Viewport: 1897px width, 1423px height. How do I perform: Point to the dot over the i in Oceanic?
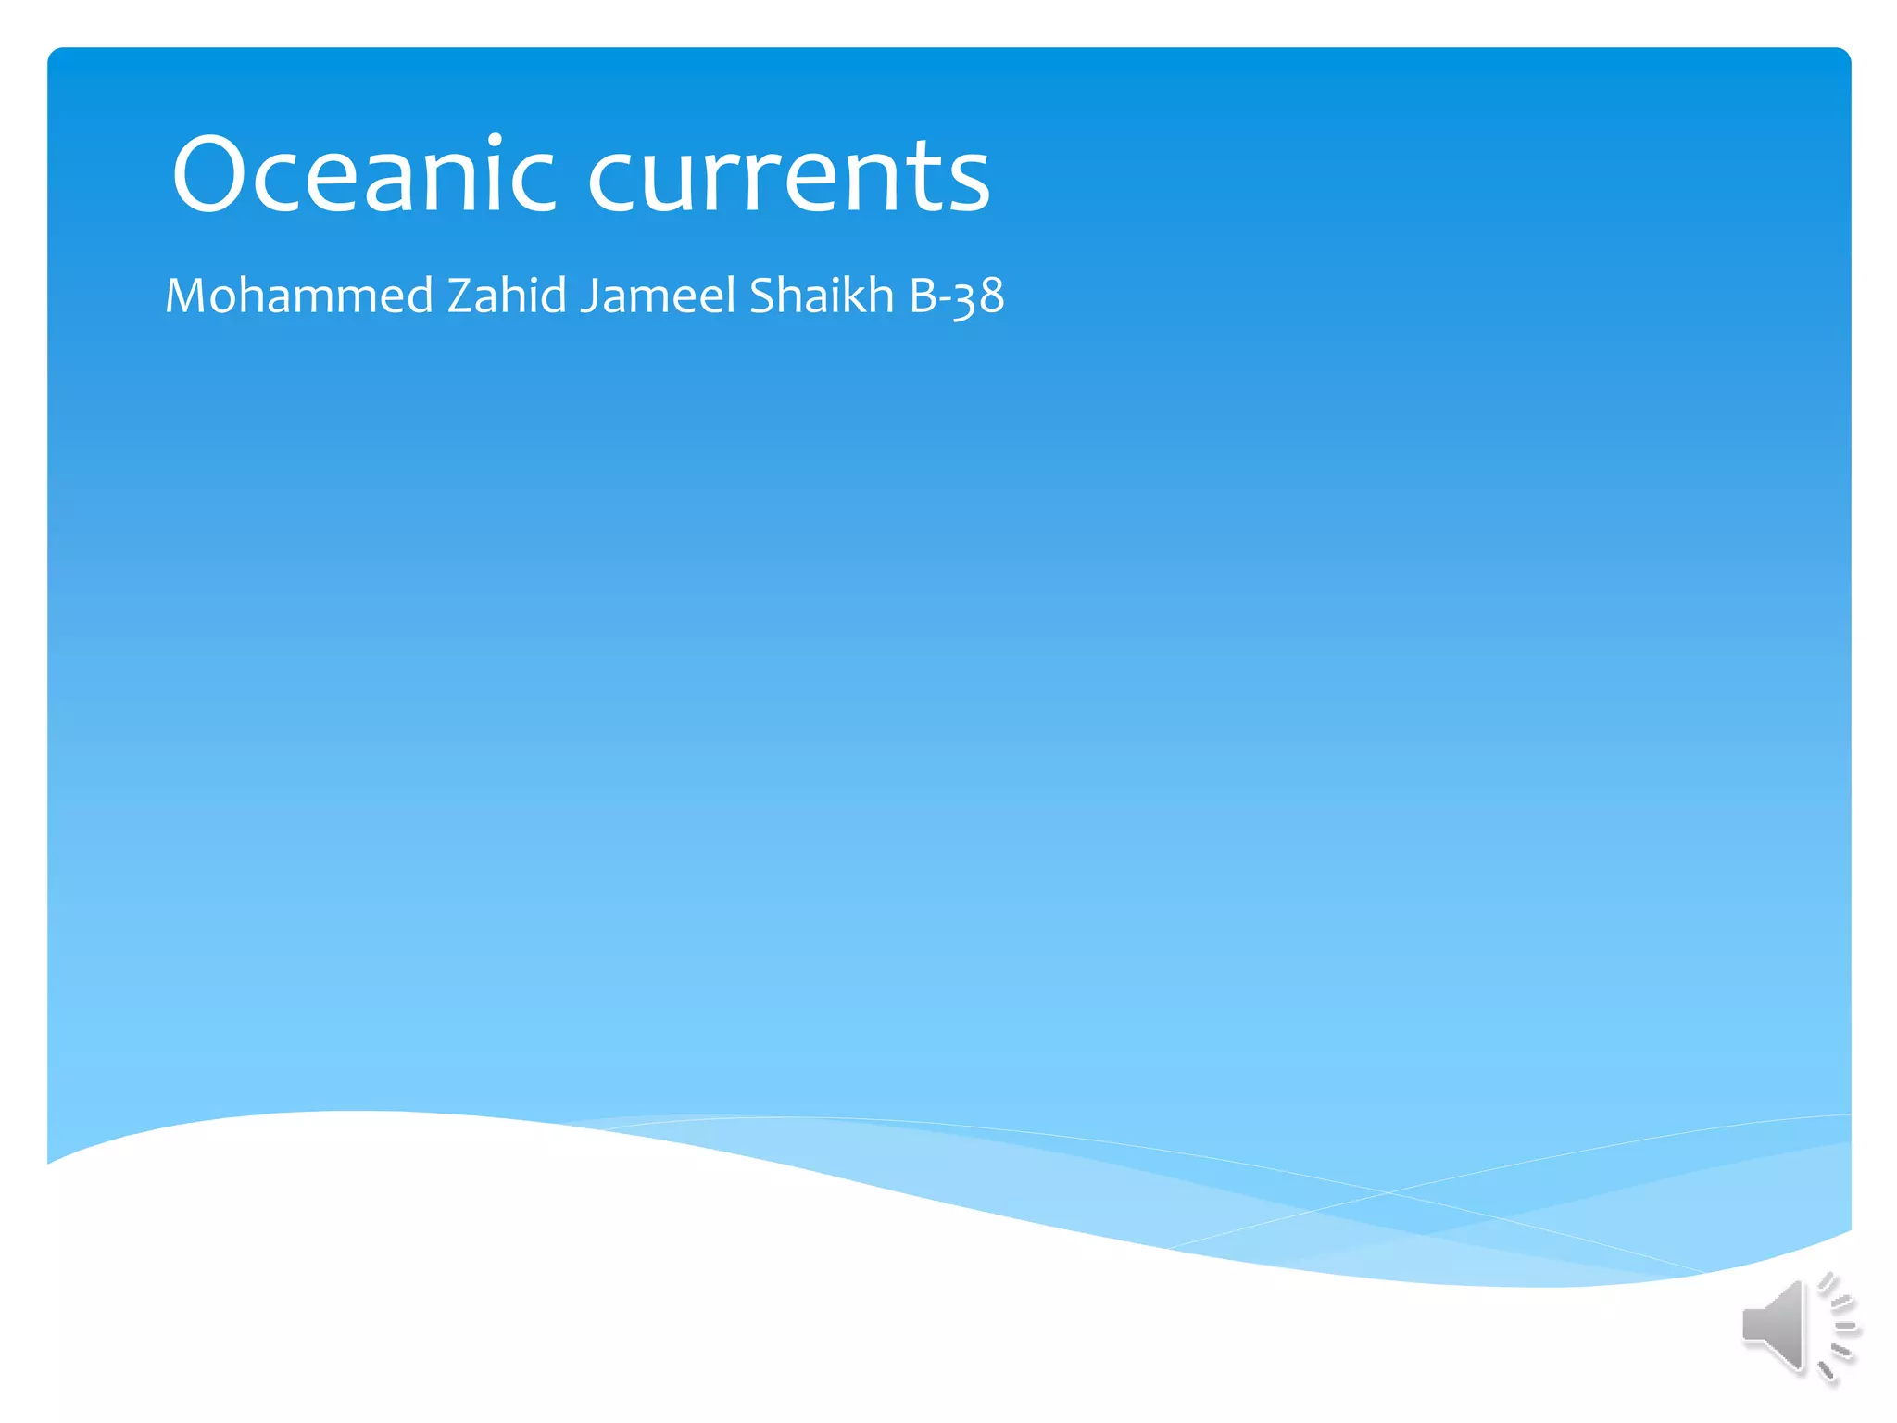pyautogui.click(x=496, y=140)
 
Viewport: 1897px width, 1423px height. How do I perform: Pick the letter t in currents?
pyautogui.click(x=929, y=178)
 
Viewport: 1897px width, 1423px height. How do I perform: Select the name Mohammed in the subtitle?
pyautogui.click(x=299, y=296)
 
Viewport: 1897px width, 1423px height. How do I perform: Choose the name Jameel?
pyautogui.click(x=659, y=296)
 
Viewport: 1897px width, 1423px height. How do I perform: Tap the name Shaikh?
pyautogui.click(x=822, y=296)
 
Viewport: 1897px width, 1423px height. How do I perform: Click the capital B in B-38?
pyautogui.click(x=923, y=296)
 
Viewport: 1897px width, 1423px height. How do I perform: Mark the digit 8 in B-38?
pyautogui.click(x=990, y=296)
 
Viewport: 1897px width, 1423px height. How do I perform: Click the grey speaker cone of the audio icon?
pyautogui.click(x=1773, y=1325)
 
